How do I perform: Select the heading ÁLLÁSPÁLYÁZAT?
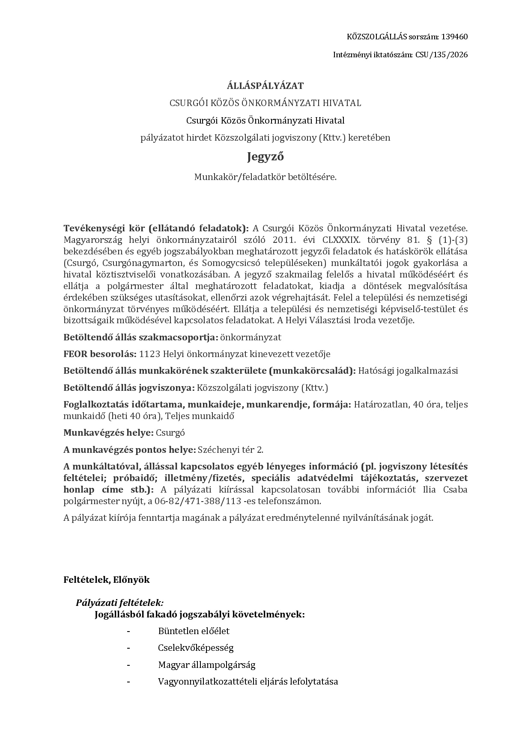pyautogui.click(x=265, y=86)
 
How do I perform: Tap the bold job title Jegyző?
pyautogui.click(x=265, y=157)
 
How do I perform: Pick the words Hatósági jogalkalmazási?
pyautogui.click(x=408, y=371)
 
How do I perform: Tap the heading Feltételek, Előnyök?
pyautogui.click(x=107, y=580)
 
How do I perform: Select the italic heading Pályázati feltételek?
pyautogui.click(x=119, y=603)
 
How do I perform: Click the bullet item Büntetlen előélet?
pyautogui.click(x=194, y=631)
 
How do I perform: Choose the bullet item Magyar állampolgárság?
pyautogui.click(x=206, y=665)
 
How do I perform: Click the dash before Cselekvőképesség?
pyautogui.click(x=128, y=648)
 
